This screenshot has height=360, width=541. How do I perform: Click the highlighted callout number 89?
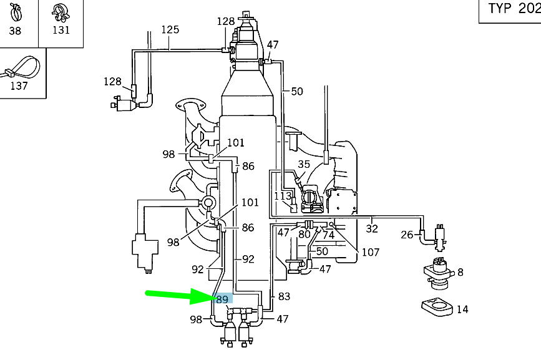tap(223, 299)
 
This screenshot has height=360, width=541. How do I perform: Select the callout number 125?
tap(170, 29)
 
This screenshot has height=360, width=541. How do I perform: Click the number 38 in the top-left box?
tap(15, 30)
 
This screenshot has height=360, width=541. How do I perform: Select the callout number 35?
tap(304, 165)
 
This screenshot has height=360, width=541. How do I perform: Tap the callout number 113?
tap(283, 196)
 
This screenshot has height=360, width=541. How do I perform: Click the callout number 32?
tap(372, 229)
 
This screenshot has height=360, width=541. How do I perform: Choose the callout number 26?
tap(406, 235)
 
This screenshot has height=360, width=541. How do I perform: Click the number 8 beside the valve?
tap(460, 272)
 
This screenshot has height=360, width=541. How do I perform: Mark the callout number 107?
tap(370, 252)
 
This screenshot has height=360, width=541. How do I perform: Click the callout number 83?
tap(284, 297)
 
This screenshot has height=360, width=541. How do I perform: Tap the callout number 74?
tap(328, 235)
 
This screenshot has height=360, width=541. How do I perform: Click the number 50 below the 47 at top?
tap(296, 92)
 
